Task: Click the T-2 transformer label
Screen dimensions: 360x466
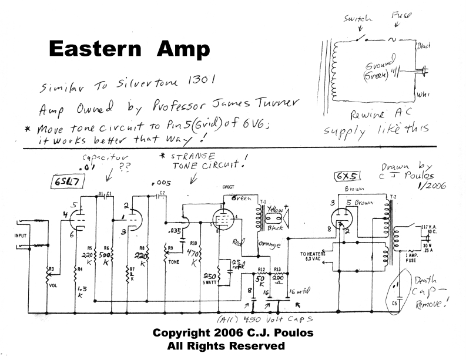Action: (395, 196)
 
